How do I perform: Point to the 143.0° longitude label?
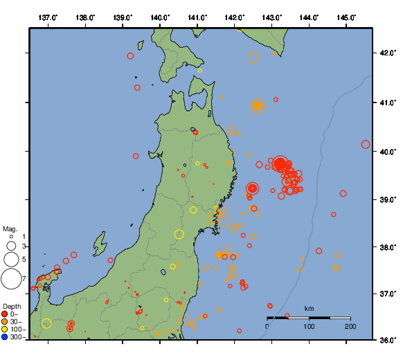click(x=272, y=16)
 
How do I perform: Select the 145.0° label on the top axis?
click(x=347, y=16)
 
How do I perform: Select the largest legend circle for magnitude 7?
click(x=11, y=279)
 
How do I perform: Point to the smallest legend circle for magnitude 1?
click(x=12, y=237)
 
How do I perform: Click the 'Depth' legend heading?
click(x=12, y=306)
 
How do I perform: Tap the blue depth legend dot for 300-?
click(x=5, y=336)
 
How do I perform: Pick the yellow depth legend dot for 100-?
click(x=5, y=329)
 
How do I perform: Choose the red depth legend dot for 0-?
click(x=5, y=314)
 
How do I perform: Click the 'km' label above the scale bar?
click(x=309, y=308)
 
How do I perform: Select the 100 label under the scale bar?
click(x=309, y=326)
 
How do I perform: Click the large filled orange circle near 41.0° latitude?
click(x=258, y=106)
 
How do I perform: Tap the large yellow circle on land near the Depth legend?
click(x=46, y=323)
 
